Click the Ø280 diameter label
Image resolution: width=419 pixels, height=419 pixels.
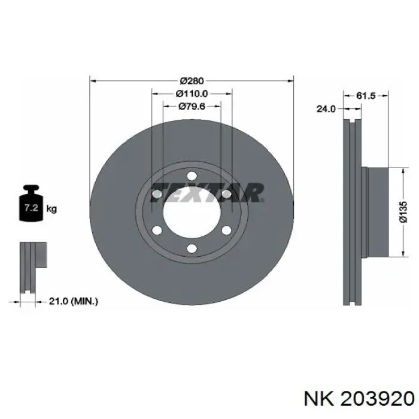coord(192,80)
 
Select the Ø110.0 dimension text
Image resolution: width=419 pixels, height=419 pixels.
coord(192,93)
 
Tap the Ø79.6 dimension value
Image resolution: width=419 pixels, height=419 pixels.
coord(192,107)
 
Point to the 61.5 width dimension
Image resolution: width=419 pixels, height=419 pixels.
coord(366,95)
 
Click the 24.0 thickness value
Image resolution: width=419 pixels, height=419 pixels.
coord(326,109)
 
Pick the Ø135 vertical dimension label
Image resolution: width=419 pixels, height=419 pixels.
coord(403,212)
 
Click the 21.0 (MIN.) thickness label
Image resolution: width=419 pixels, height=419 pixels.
coord(73,302)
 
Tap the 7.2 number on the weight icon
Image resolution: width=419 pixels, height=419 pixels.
coord(31,207)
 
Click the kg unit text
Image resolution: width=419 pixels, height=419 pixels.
coord(51,208)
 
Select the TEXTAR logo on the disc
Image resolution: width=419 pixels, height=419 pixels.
coord(207,192)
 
